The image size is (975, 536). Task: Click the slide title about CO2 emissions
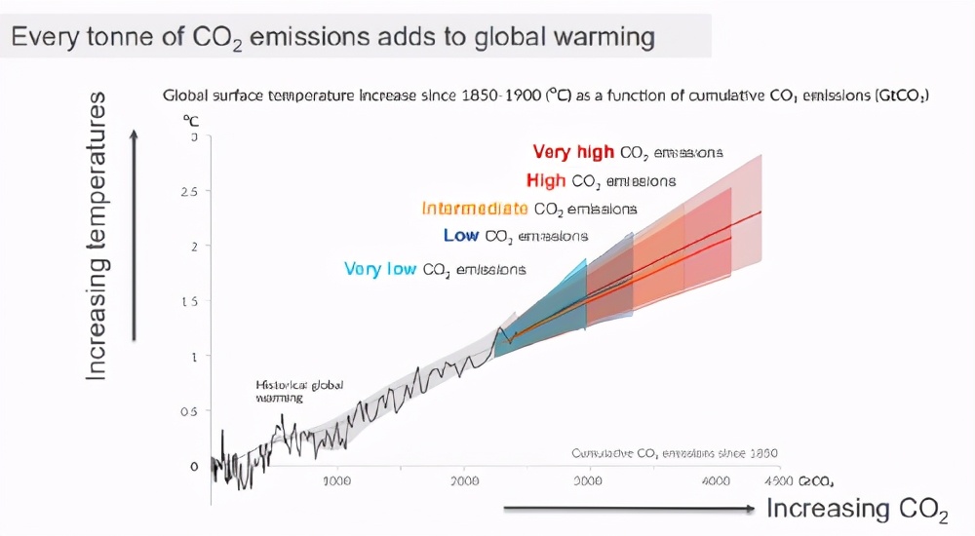pyautogui.click(x=332, y=38)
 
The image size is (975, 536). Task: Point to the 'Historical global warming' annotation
pyautogui.click(x=299, y=391)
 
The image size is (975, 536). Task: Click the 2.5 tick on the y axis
pyautogui.click(x=189, y=192)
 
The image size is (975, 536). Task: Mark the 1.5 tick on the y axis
pyautogui.click(x=190, y=301)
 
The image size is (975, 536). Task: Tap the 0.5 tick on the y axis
pyautogui.click(x=190, y=411)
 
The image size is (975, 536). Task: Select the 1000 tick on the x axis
pyautogui.click(x=336, y=480)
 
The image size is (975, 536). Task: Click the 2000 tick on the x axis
pyautogui.click(x=464, y=480)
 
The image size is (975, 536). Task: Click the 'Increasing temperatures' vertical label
pyautogui.click(x=97, y=236)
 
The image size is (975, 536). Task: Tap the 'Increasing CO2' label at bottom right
pyautogui.click(x=857, y=509)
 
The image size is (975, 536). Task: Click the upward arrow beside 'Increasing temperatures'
pyautogui.click(x=135, y=234)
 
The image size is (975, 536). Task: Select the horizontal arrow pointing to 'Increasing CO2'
pyautogui.click(x=629, y=509)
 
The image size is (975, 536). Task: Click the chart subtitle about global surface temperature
pyautogui.click(x=545, y=96)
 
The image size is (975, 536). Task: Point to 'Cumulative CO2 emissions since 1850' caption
pyautogui.click(x=674, y=453)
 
